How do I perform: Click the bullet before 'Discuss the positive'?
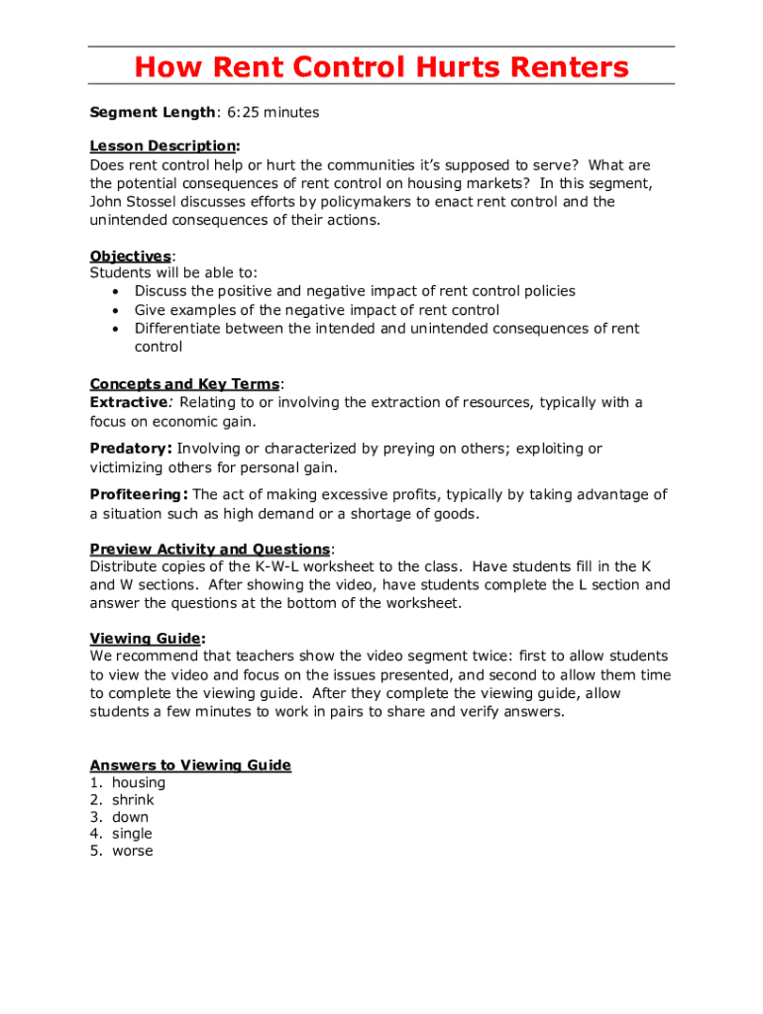117,292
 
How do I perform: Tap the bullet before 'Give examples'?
117,311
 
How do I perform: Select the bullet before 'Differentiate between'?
117,329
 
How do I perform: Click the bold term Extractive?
129,402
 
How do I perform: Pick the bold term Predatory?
131,449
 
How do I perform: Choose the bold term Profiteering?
139,494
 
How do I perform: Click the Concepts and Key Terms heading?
185,384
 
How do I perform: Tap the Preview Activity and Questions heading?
210,550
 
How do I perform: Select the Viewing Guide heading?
146,639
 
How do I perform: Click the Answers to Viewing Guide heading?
190,765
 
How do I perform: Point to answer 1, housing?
139,783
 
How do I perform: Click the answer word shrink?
133,800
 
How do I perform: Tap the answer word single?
132,834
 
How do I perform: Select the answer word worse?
133,852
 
